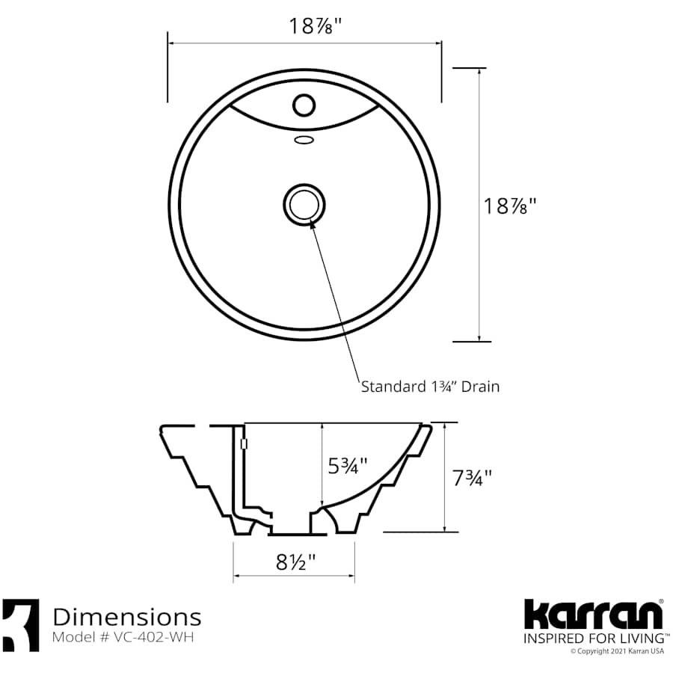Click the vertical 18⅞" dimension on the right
510,206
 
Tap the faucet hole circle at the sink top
303,104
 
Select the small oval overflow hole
303,139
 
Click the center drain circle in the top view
304,204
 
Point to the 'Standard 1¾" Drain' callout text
430,387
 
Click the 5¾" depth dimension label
348,467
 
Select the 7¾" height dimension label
473,477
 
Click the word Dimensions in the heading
126,617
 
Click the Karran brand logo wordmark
592,615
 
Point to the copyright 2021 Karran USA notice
617,651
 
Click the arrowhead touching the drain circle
312,222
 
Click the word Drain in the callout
480,387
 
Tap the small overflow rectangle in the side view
244,444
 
